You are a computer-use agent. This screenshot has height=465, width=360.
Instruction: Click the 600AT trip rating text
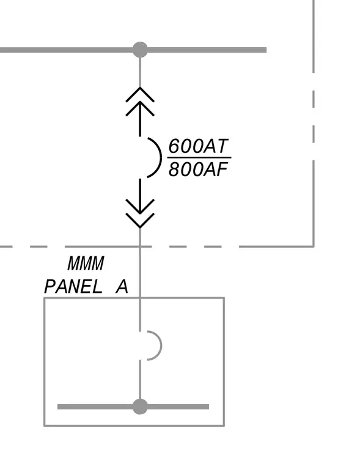coord(198,146)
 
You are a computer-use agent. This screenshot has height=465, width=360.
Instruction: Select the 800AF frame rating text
coord(198,169)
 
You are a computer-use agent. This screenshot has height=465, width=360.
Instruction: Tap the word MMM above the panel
coord(86,263)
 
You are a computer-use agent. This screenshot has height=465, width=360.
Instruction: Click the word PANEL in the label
coord(73,287)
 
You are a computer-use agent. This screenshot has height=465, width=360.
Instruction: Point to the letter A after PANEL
coord(122,287)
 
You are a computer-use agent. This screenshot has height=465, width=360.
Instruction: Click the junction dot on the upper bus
coord(140,50)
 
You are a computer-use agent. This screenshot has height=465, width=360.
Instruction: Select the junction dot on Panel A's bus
coord(140,407)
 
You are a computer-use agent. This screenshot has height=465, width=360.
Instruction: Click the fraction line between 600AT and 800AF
coord(199,158)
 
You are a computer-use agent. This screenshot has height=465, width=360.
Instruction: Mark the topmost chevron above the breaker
coord(140,94)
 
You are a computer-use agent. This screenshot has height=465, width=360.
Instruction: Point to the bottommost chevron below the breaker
coord(140,221)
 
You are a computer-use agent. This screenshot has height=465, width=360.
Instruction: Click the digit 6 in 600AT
coord(175,146)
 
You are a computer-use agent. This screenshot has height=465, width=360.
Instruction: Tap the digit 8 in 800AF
coord(175,169)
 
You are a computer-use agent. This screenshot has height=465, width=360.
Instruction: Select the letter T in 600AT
coord(222,146)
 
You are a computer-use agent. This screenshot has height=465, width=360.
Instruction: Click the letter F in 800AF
coord(222,169)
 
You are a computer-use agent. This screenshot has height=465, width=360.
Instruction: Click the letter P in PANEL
coord(50,287)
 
